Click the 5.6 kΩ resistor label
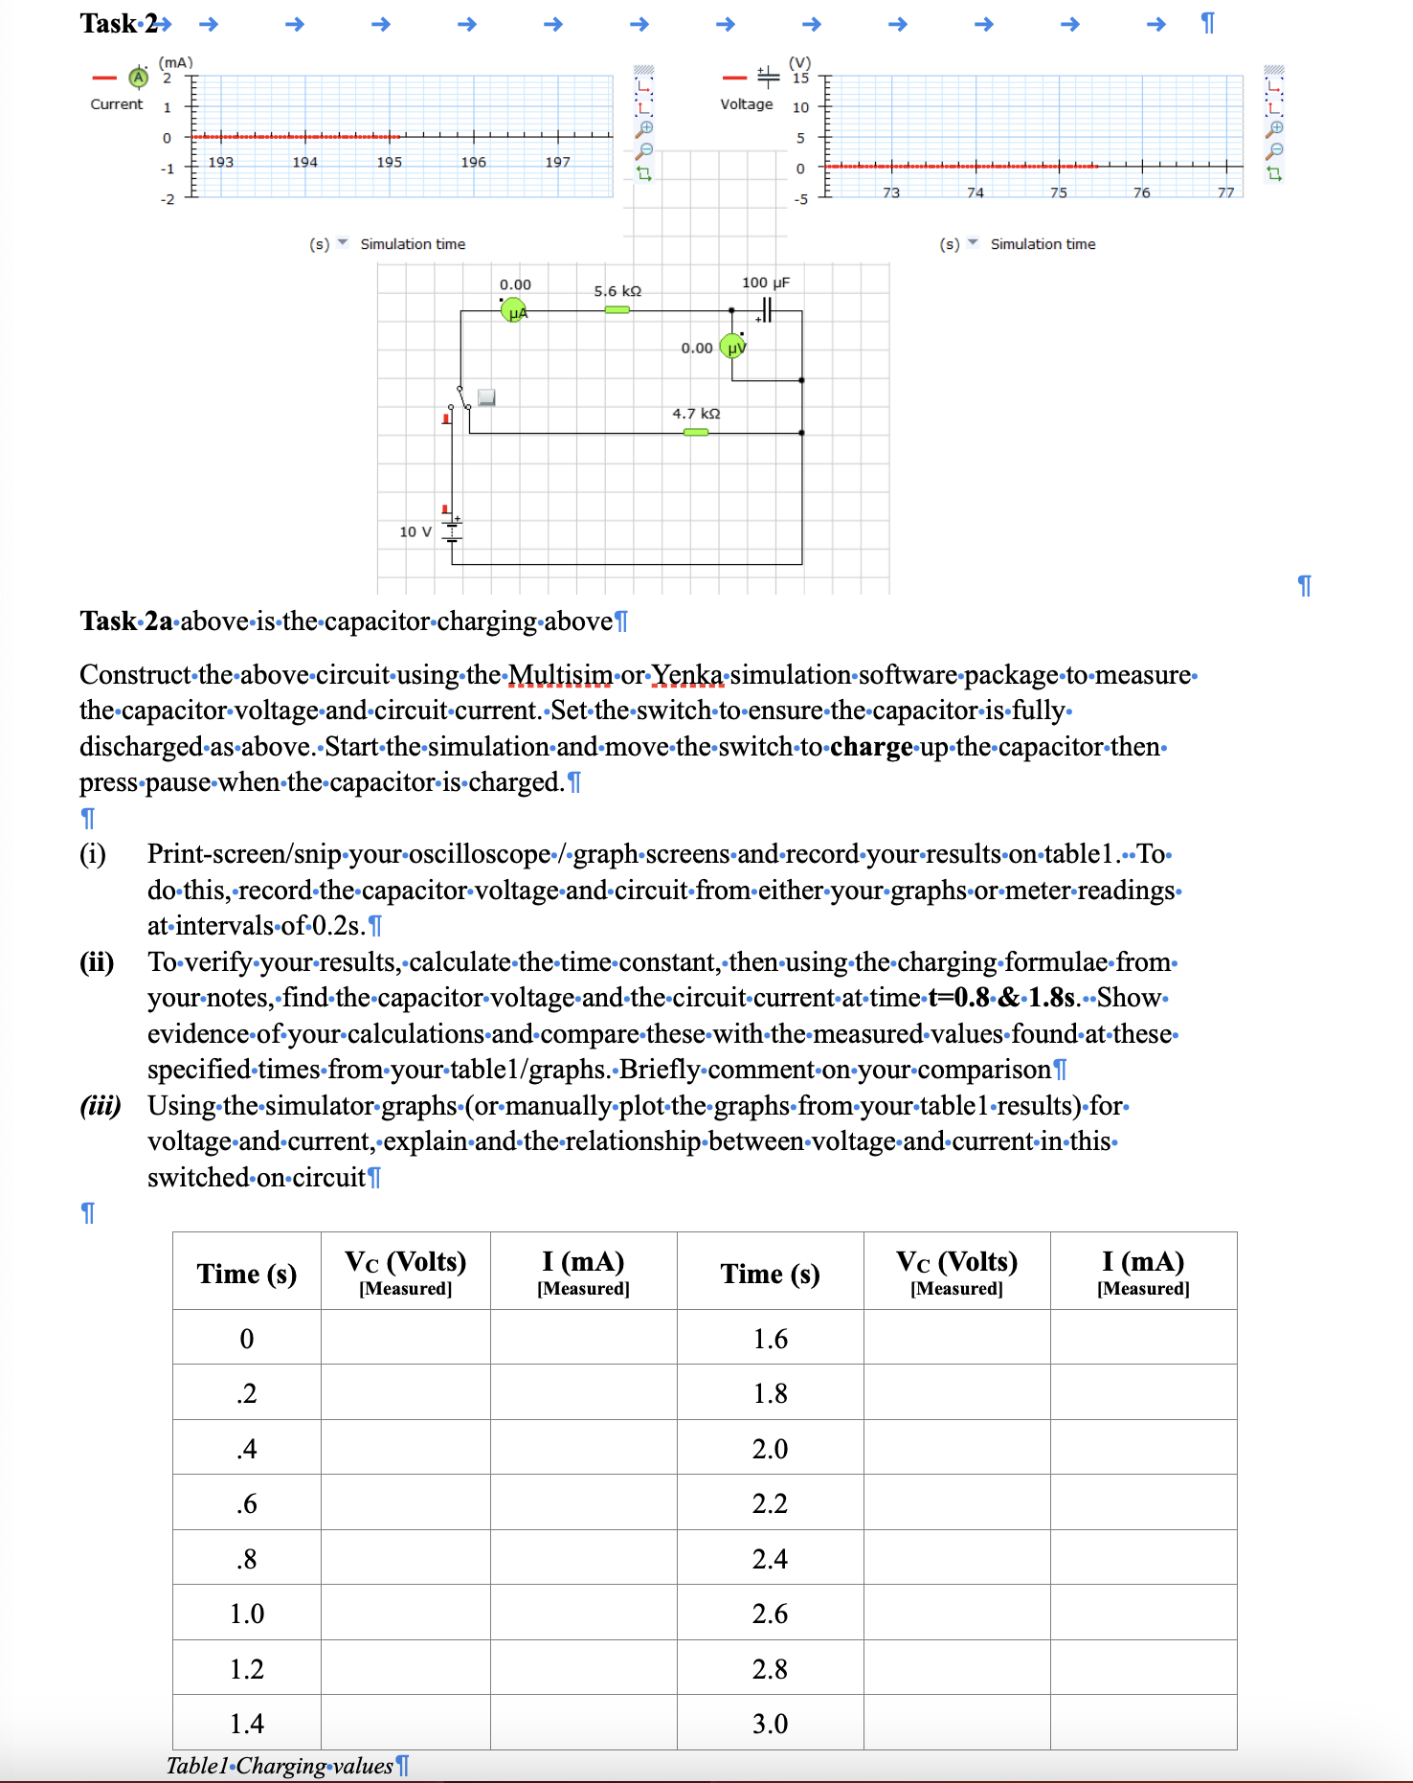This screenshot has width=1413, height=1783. tap(617, 291)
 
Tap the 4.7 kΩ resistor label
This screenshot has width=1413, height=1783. tap(696, 414)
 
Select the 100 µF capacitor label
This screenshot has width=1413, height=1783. tap(765, 282)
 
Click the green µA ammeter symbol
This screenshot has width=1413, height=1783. tap(514, 310)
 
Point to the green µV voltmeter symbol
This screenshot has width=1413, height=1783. tap(732, 347)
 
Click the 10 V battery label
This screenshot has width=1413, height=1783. tap(415, 531)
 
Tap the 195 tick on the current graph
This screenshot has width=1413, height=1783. tap(390, 162)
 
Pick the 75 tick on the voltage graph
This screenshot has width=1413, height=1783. tap(1058, 192)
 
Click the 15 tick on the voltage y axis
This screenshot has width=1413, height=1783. tap(800, 79)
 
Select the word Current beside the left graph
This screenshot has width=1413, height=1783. tap(117, 104)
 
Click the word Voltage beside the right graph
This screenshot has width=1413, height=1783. tap(747, 104)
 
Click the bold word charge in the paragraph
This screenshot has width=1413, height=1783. tap(870, 747)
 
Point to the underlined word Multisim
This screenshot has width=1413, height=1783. tap(560, 675)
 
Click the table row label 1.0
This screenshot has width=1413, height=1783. tap(247, 1614)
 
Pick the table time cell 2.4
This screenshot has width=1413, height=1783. tap(770, 1559)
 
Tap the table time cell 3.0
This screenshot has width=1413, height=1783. tap(770, 1724)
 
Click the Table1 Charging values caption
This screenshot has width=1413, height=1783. tap(280, 1766)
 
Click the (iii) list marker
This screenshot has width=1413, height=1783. tap(100, 1106)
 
